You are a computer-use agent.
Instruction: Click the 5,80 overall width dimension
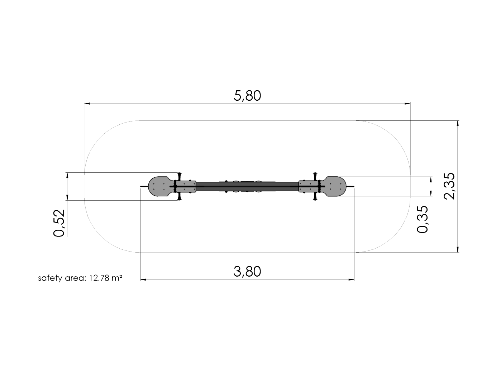coord(247,96)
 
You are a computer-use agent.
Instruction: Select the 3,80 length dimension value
coord(247,271)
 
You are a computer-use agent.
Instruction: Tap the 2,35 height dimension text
coord(449,186)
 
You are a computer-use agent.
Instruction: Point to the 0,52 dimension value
coord(59,223)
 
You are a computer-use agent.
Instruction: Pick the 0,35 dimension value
coord(423,219)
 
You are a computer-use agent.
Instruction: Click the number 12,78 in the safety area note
coord(99,278)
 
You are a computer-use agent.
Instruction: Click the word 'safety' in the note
coord(50,278)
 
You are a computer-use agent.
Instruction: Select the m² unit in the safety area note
coord(117,278)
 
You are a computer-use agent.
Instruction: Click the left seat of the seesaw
coord(161,186)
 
